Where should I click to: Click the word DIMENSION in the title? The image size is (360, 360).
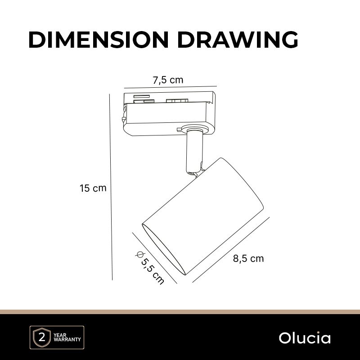coord(99,40)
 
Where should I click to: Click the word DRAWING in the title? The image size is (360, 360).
coord(238,40)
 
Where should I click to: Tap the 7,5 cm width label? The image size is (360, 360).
coord(168,80)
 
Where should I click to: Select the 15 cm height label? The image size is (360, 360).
coord(93,188)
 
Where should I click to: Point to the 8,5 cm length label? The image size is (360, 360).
coord(248,258)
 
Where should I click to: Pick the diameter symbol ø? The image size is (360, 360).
coord(139,254)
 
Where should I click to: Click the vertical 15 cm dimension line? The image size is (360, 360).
coord(111,187)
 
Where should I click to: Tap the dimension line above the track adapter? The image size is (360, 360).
coord(171,87)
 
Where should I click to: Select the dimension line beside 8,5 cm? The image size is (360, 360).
coord(231,250)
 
